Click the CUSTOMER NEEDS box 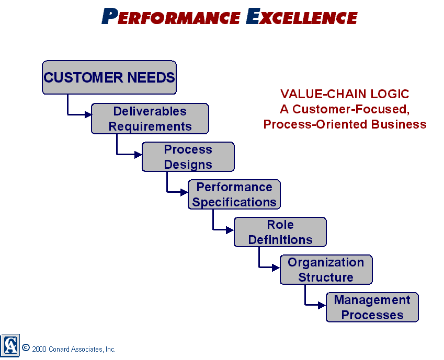(109, 77)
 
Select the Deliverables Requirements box (150, 119)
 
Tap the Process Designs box (188, 157)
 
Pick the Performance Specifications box (234, 194)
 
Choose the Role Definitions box (280, 232)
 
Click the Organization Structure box (326, 270)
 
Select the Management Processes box (372, 307)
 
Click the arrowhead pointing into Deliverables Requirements (88, 114)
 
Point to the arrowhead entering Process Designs (138, 155)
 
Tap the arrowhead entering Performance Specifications (184, 192)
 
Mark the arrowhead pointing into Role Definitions (230, 230)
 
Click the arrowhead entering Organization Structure (276, 268)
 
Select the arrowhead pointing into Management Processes (322, 305)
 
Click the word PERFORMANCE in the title (171, 16)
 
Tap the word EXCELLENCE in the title (302, 16)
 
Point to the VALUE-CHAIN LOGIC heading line (345, 94)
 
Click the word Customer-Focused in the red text (351, 109)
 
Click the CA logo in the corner (10, 345)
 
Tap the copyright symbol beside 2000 (26, 347)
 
